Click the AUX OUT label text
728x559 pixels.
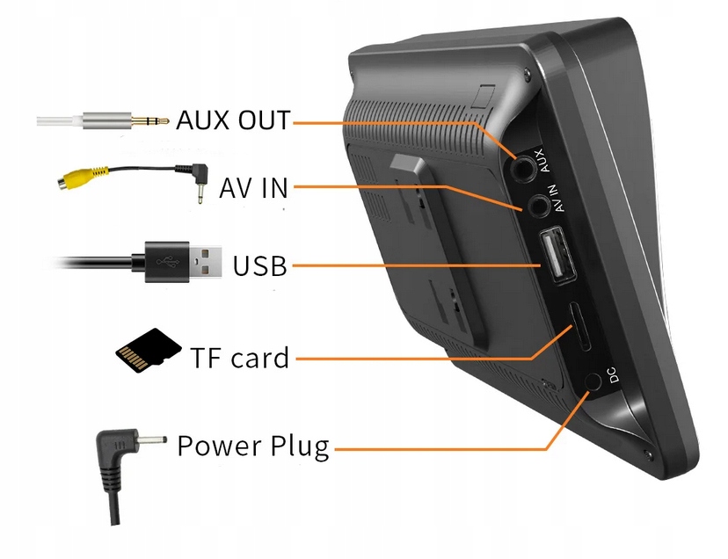click(x=233, y=120)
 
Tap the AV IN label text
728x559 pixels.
click(x=253, y=187)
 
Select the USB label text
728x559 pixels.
click(x=260, y=265)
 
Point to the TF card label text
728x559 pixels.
click(x=239, y=358)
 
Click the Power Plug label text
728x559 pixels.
click(x=253, y=446)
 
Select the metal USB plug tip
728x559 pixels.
click(x=207, y=261)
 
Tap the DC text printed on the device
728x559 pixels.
click(x=614, y=374)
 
